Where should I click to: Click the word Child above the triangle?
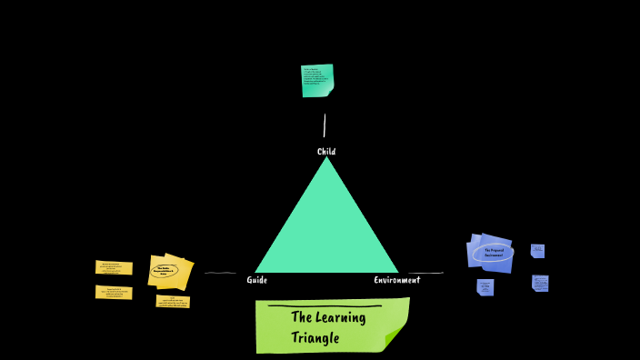326,152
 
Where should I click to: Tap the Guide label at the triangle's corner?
257,280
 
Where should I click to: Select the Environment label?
397,280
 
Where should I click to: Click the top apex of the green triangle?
326,159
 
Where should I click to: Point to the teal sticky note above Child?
317,80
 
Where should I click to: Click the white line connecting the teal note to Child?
325,125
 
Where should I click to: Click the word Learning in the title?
342,317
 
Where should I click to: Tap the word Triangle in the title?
315,338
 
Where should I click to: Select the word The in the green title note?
302,317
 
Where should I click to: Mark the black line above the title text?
324,306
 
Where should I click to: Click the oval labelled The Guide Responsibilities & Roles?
165,270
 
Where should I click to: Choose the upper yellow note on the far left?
114,267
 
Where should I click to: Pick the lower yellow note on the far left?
114,292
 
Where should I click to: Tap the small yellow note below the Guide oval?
173,302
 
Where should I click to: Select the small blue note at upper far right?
537,250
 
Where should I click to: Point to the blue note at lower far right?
540,283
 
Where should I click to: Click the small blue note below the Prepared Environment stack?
485,287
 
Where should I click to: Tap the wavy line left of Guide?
220,273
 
